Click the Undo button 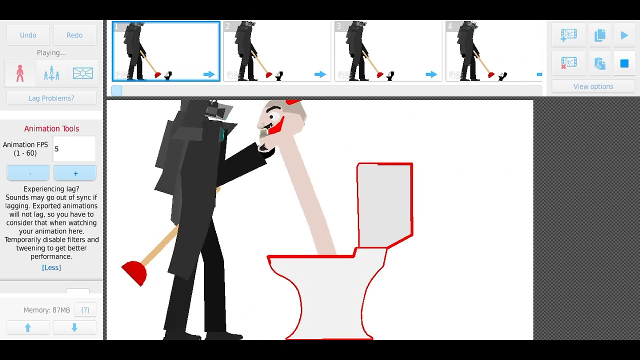28,35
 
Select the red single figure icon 20,73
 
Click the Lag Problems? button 51,98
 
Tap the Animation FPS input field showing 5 74,149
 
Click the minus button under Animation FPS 28,173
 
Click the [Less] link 51,267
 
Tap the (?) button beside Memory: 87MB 85,310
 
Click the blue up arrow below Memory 28,327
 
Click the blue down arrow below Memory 74,327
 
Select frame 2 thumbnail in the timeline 277,51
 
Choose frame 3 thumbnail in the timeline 388,51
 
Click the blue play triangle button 624,35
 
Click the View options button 593,86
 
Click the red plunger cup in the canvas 134,273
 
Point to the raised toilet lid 384,205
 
